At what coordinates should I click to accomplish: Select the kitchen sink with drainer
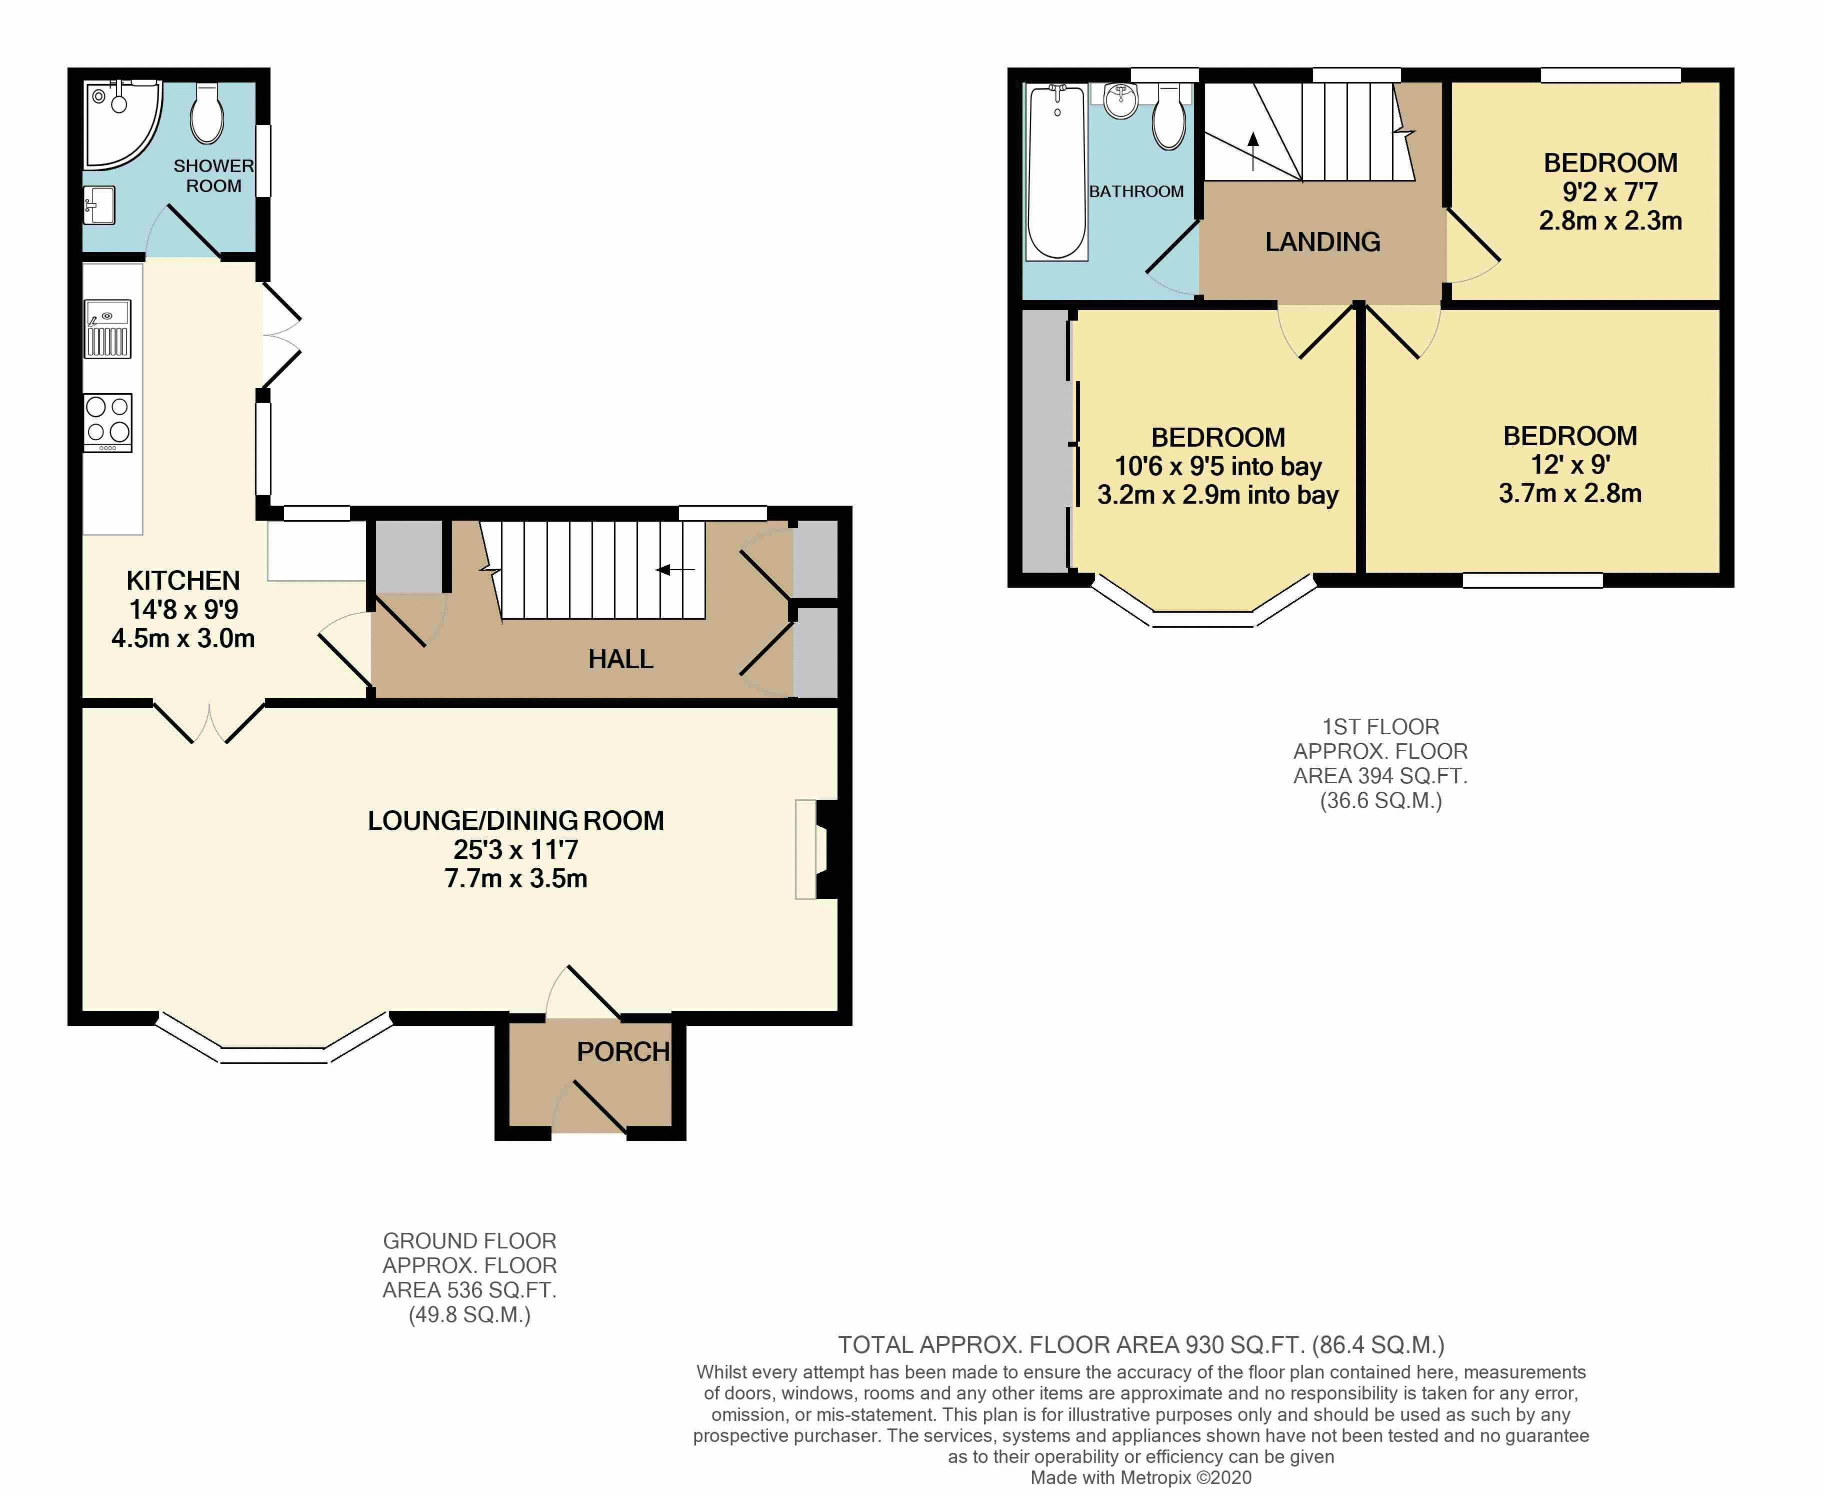(107, 328)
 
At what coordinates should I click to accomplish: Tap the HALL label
(620, 659)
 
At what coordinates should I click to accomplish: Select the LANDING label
(1322, 242)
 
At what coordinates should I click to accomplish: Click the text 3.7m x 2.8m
(1569, 494)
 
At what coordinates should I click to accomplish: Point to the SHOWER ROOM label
(213, 176)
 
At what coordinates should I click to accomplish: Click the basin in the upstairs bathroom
(1121, 102)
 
